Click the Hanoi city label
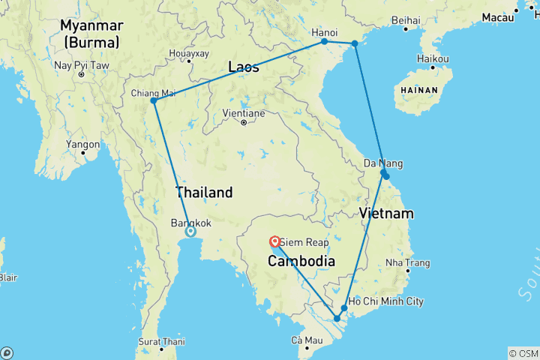tap(325, 32)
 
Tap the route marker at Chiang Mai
tap(154, 100)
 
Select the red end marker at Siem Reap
tap(275, 241)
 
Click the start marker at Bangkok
tap(190, 231)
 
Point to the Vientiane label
tap(244, 113)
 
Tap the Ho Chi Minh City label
tap(386, 301)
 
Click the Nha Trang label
tap(408, 262)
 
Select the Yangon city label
tap(82, 144)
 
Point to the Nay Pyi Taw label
tap(82, 65)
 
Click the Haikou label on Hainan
tap(433, 58)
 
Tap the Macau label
tap(498, 16)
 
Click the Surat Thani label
tap(161, 341)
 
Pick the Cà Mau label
tap(306, 340)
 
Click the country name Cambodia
tap(301, 261)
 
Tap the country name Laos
tap(244, 67)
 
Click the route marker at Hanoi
tap(325, 41)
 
